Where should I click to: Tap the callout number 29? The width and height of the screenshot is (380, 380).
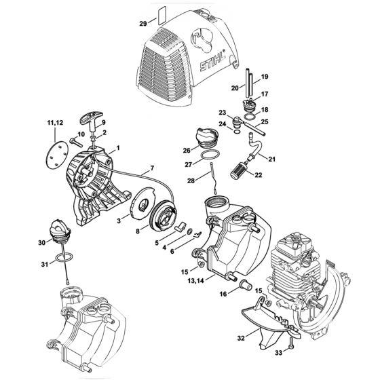[x=142, y=23]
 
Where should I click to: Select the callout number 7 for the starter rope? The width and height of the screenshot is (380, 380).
[x=152, y=168]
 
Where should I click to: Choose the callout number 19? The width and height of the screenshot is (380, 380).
[x=265, y=77]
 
